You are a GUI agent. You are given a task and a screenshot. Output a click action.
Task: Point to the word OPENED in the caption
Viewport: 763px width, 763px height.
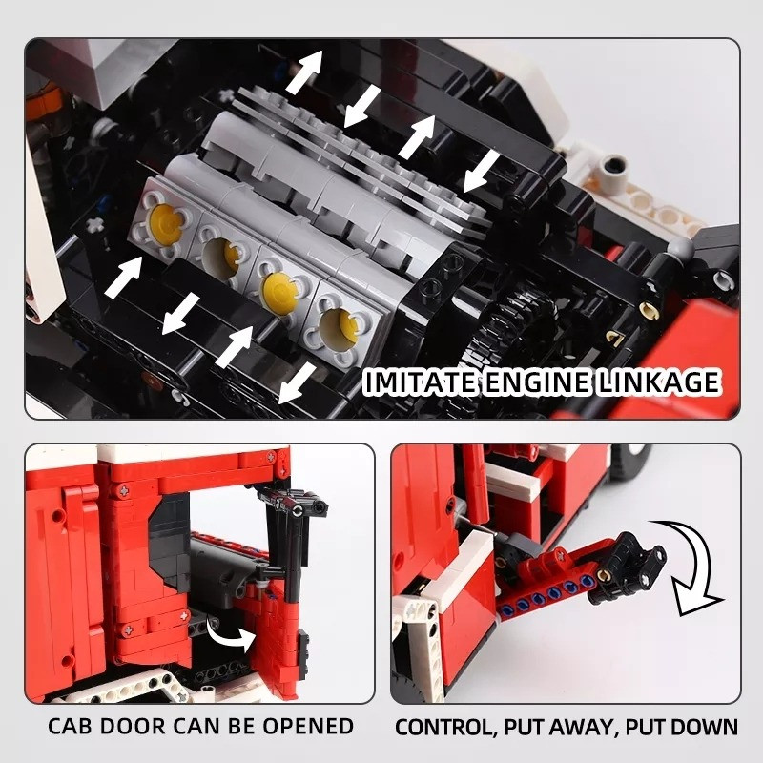click(x=308, y=726)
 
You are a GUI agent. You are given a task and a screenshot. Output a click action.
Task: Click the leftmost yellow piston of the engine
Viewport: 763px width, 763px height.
click(x=165, y=223)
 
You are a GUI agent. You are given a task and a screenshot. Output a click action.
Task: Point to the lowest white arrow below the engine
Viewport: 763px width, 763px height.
click(x=298, y=383)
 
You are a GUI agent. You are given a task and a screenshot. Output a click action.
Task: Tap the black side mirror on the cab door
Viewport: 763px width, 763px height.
click(x=296, y=504)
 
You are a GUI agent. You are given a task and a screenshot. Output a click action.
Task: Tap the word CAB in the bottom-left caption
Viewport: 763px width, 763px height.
click(x=70, y=726)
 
